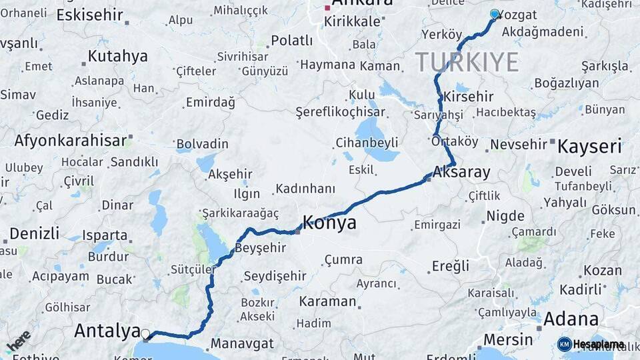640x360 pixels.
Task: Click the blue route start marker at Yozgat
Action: [494, 14]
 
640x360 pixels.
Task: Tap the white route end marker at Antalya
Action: [145, 333]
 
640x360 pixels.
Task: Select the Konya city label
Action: [329, 223]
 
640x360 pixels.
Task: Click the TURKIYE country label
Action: [467, 62]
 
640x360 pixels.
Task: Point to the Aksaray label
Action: [461, 172]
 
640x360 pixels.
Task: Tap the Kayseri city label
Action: [589, 147]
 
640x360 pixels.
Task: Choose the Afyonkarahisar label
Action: [71, 141]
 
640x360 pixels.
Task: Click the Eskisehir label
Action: [90, 14]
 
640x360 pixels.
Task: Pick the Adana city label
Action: [571, 319]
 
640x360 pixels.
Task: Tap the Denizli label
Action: [35, 233]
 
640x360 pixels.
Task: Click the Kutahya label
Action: [117, 56]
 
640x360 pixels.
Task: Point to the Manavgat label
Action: [243, 344]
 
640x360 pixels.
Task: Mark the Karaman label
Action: [327, 301]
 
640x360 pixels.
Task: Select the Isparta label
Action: [105, 235]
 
